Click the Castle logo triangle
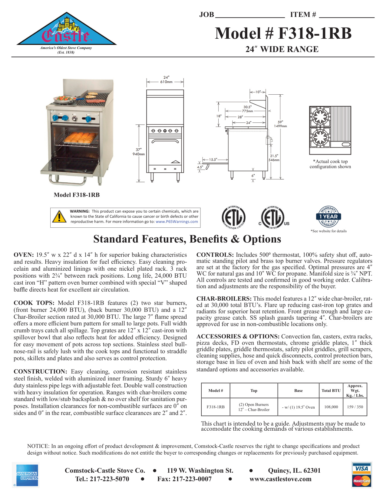(x=66, y=31)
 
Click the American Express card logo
(x=27, y=475)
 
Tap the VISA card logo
(x=362, y=468)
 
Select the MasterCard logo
(x=362, y=481)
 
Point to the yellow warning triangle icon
(x=59, y=217)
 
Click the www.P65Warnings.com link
(x=177, y=222)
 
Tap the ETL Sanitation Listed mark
(x=233, y=217)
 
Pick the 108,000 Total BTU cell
(x=331, y=407)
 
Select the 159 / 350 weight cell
(x=355, y=407)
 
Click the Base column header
(x=298, y=391)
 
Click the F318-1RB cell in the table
(x=216, y=407)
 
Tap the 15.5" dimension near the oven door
(x=213, y=159)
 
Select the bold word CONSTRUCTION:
(x=40, y=372)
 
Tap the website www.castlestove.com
(x=280, y=479)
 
